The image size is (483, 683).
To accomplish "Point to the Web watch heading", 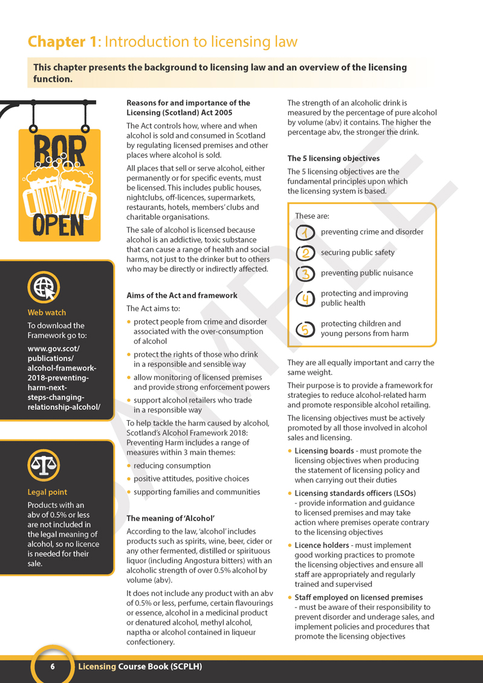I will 47,312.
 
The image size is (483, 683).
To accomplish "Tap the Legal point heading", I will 47,492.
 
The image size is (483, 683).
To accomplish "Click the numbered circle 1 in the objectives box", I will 305,232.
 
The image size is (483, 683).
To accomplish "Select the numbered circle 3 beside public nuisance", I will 305,273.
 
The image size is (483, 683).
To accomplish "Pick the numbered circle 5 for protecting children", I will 305,329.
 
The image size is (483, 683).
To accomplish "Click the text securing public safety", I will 357,253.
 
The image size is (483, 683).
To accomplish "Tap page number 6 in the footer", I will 53,667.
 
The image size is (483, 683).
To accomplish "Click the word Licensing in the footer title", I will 97,667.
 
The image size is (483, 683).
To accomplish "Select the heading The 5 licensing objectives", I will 333,158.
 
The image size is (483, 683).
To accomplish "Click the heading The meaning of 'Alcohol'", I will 170,518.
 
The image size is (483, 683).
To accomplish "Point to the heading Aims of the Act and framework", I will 181,296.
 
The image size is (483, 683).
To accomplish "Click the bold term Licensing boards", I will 324,451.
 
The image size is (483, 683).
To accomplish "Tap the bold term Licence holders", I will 322,545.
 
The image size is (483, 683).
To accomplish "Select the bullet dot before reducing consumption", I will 129,465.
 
